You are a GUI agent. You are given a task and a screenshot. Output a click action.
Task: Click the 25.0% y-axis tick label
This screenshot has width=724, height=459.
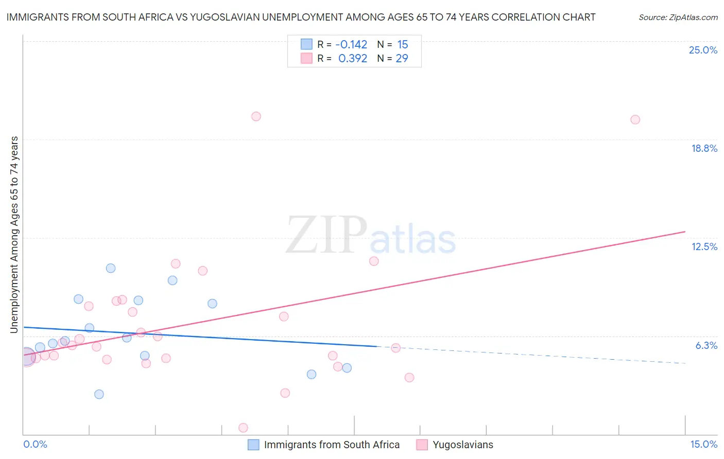tap(703, 50)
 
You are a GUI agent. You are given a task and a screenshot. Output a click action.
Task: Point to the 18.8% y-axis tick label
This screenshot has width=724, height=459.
tap(704, 148)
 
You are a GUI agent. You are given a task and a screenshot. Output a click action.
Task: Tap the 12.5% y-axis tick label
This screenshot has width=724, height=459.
tap(704, 246)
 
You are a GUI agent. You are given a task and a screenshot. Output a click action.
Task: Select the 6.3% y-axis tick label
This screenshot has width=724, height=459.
tap(706, 345)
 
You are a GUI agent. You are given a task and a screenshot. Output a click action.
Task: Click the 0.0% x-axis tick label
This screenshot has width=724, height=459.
tap(35, 444)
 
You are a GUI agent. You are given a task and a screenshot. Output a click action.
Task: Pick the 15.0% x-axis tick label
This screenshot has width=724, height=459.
tap(703, 444)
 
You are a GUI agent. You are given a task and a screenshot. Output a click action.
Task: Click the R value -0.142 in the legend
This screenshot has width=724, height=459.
tap(351, 45)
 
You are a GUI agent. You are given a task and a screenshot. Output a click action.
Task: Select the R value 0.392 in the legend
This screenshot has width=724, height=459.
tap(352, 59)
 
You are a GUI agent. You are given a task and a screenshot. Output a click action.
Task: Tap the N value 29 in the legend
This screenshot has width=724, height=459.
tap(402, 59)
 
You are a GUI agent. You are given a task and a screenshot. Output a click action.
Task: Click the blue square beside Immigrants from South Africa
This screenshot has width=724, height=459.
tap(253, 445)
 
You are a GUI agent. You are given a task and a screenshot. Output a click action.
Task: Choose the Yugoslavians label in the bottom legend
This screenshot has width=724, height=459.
tap(462, 445)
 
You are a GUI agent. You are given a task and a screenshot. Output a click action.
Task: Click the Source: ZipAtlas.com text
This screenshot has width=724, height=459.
tap(678, 17)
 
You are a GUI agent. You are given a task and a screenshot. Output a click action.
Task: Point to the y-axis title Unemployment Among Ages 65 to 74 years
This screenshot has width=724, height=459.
tap(14, 234)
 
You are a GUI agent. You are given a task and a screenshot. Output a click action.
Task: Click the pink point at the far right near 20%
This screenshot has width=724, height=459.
tap(635, 119)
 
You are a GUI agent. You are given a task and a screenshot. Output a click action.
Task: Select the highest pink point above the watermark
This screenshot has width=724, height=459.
tap(256, 116)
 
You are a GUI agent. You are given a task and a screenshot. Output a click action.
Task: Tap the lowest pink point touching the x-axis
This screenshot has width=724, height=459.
tap(243, 428)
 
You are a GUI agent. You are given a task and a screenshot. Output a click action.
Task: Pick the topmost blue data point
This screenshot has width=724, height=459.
tap(111, 268)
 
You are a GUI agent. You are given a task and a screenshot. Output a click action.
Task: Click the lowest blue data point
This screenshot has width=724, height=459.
tap(99, 394)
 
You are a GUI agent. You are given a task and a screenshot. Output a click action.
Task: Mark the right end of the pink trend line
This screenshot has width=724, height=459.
tap(685, 232)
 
